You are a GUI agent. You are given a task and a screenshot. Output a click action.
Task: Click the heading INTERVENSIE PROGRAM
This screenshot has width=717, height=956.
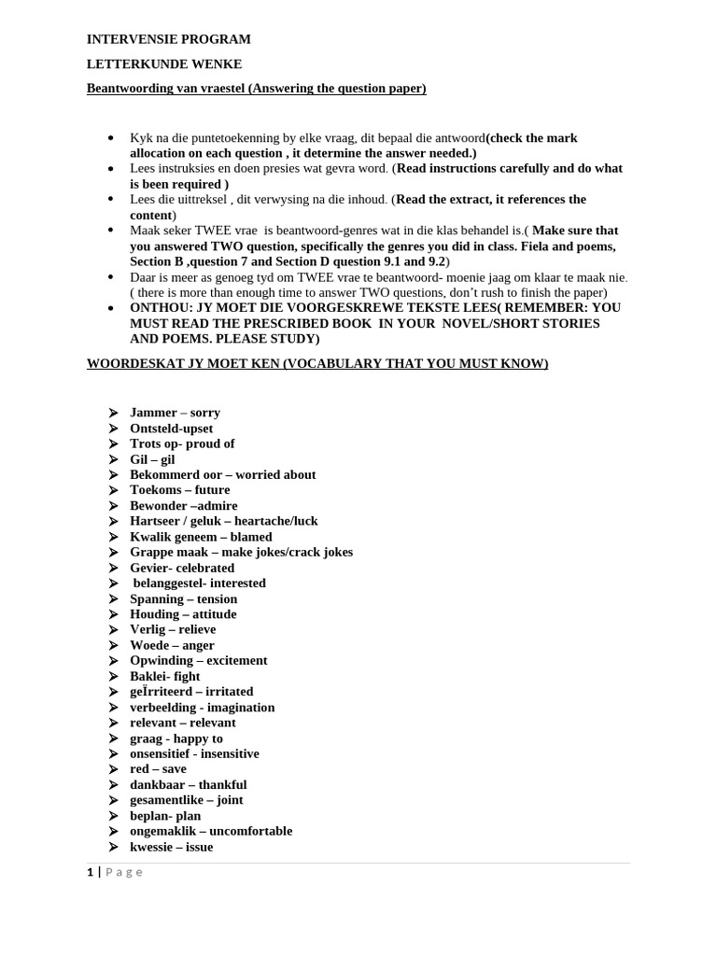[168, 39]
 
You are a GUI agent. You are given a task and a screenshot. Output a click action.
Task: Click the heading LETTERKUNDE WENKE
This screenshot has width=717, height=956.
[164, 64]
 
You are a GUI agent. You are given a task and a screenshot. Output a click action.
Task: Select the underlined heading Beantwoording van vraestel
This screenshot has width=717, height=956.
[256, 89]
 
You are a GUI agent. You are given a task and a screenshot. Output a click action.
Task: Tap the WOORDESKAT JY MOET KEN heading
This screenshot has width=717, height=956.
[317, 363]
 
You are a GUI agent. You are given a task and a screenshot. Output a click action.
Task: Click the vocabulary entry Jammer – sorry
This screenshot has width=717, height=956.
[175, 413]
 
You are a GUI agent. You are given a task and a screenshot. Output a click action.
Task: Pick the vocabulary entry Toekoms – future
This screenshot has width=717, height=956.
[179, 490]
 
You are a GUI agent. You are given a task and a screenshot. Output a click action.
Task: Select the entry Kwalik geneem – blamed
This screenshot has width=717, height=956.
[201, 537]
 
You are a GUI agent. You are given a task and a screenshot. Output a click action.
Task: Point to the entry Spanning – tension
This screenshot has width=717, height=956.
[183, 599]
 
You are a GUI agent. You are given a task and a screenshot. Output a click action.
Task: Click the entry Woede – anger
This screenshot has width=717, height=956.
[172, 645]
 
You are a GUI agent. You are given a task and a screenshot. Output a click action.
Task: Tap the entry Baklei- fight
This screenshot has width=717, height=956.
[164, 676]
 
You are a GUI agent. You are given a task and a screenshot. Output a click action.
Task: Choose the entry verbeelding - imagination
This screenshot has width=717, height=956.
[202, 708]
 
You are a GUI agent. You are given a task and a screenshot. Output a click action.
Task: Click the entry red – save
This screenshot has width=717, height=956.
[158, 769]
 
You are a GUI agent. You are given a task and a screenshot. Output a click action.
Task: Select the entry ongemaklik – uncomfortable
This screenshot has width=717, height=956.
[211, 831]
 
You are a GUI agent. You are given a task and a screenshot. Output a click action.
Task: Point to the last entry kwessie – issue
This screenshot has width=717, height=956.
[171, 847]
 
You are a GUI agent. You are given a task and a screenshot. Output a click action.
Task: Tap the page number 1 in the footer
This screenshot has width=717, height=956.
[90, 872]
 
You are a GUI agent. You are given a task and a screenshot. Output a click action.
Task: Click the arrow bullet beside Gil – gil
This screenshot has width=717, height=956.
[112, 459]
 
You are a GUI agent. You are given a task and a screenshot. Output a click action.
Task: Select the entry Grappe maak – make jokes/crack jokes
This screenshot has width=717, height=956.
[241, 553]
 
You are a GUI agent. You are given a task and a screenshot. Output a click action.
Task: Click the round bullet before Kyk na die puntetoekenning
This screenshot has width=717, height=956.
[111, 138]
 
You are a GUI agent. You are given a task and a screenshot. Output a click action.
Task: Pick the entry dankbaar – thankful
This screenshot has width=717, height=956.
[188, 785]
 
